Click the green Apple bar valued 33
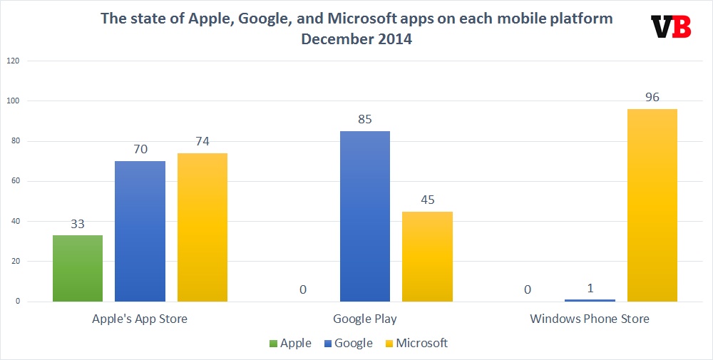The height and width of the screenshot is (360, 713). (x=78, y=268)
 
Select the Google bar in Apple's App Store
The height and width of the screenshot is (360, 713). (x=140, y=231)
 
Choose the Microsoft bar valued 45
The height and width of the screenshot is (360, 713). (x=428, y=256)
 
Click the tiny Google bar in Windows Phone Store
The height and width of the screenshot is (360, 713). (x=590, y=300)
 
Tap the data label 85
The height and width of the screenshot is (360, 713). (x=365, y=120)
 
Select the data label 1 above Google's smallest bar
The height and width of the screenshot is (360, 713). (x=590, y=289)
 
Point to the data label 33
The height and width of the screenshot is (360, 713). (x=78, y=224)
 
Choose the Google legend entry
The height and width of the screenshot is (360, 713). (x=349, y=343)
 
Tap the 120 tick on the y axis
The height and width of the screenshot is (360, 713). (x=13, y=61)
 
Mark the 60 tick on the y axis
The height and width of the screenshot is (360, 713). (x=14, y=181)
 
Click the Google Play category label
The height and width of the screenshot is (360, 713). (x=365, y=319)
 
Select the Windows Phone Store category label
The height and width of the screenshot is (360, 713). (x=590, y=319)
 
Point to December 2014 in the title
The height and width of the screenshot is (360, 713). (x=356, y=39)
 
